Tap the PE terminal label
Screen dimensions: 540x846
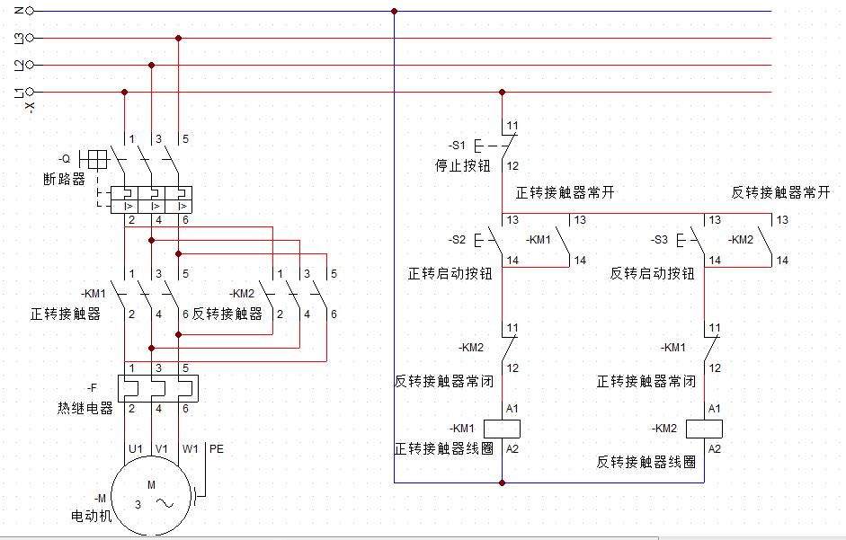coord(218,447)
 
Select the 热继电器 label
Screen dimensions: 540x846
coord(85,408)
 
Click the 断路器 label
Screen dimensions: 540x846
coord(64,178)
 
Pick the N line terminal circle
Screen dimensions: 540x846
coord(31,11)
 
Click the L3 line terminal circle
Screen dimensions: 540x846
coord(31,38)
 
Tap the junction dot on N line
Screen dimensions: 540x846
coord(394,11)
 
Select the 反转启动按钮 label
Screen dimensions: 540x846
coord(652,273)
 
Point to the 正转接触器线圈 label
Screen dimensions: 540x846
coord(443,447)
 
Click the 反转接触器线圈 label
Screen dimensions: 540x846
coord(646,462)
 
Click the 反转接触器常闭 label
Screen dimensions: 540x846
coord(442,381)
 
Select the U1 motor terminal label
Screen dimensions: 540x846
coord(136,447)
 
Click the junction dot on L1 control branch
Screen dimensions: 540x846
coord(502,92)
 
